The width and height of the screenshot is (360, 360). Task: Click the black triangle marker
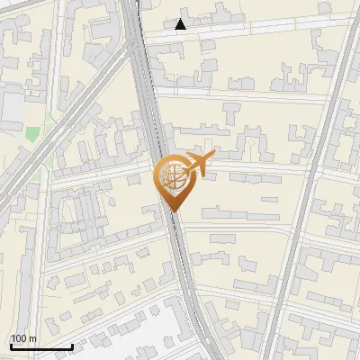click(182, 24)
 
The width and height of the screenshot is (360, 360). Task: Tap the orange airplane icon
click(196, 165)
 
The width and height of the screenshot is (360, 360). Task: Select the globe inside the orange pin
click(172, 176)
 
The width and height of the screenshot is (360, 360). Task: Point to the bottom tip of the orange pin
click(173, 211)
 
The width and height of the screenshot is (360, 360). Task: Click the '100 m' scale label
click(23, 337)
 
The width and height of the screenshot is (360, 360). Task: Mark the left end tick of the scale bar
click(11, 346)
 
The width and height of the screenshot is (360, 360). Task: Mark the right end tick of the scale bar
click(72, 346)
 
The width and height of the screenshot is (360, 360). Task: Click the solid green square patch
click(32, 133)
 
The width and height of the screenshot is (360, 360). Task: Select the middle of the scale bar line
click(41, 346)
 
